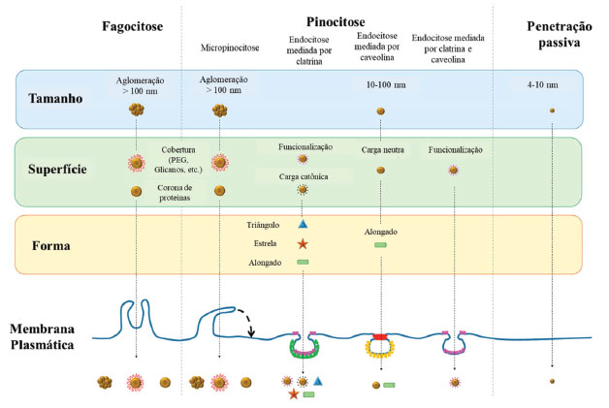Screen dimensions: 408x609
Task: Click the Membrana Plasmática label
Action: point(50,337)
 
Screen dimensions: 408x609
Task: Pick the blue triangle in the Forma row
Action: point(303,224)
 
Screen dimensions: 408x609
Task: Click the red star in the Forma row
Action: point(303,243)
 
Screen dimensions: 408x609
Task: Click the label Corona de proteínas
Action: point(180,192)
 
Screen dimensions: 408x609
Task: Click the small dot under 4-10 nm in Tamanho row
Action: point(552,110)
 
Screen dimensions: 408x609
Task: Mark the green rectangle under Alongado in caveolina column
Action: point(380,244)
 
